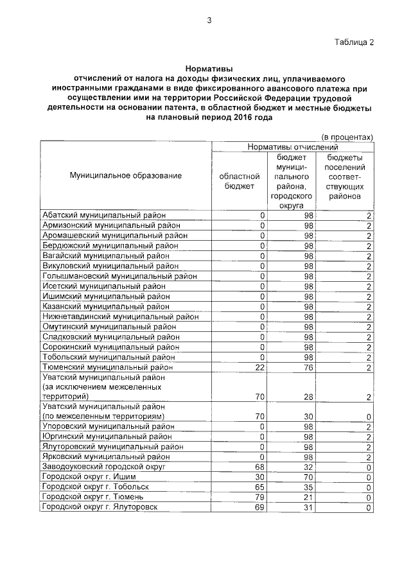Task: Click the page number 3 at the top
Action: (209, 20)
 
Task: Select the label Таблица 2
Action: (353, 42)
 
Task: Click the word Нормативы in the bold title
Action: (209, 67)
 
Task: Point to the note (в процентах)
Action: (347, 137)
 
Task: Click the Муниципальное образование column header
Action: (126, 175)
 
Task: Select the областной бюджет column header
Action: (240, 180)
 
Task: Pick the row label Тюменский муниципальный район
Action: (107, 367)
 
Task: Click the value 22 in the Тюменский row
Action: (260, 367)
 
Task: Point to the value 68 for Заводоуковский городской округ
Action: (260, 467)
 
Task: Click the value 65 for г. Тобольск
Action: (260, 487)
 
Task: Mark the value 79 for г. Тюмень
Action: (260, 497)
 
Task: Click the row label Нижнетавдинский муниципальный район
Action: (120, 317)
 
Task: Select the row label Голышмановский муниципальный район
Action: (119, 276)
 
